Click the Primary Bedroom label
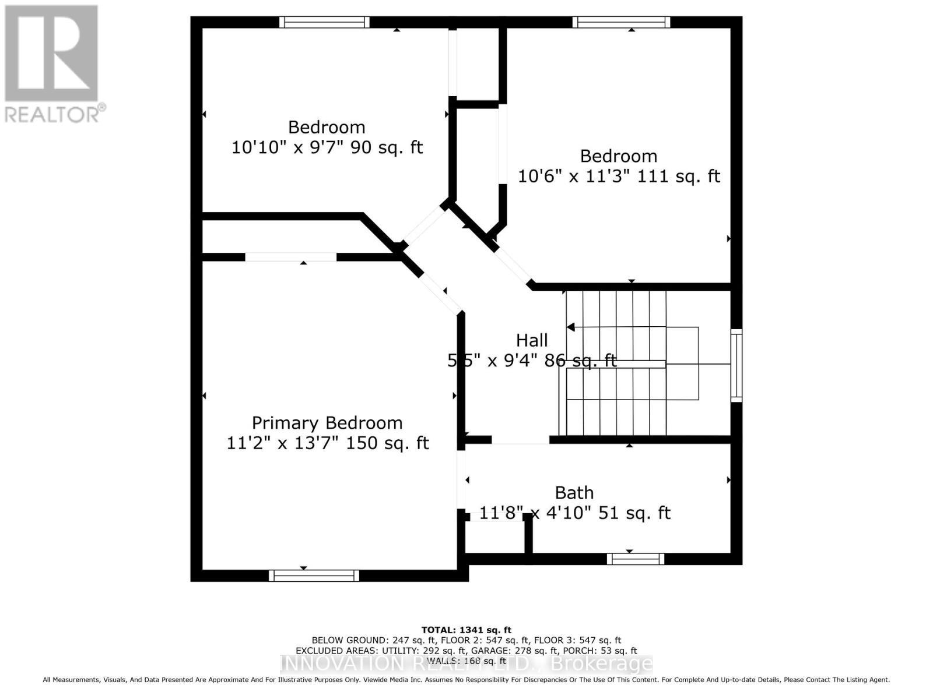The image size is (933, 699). [327, 423]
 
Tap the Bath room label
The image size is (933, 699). [574, 493]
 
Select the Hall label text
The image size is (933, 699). [532, 340]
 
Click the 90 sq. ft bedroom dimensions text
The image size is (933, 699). [327, 147]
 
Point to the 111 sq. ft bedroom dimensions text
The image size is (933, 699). [619, 176]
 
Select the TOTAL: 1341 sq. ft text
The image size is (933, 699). [466, 630]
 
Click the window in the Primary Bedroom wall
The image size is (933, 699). [314, 576]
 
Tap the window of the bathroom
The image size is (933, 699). [635, 559]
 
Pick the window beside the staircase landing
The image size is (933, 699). [736, 365]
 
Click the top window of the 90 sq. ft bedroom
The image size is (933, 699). [324, 22]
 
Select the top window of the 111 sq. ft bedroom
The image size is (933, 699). [621, 22]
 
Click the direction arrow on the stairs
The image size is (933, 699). [571, 327]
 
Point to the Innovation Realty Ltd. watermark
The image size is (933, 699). [466, 664]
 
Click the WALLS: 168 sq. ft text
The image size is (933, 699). [466, 661]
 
